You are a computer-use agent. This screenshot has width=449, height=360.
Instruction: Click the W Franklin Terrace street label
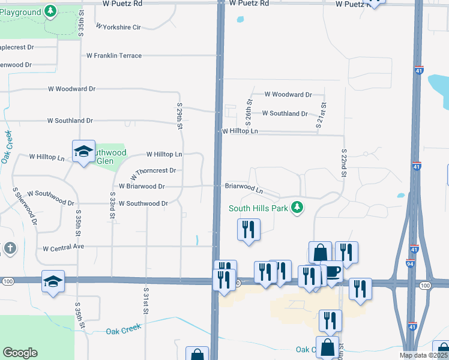[114, 56]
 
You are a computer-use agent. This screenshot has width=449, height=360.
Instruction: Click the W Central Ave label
[64, 247]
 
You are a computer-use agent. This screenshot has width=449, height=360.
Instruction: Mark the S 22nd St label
[344, 163]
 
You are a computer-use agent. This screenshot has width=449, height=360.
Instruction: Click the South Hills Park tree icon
[296, 208]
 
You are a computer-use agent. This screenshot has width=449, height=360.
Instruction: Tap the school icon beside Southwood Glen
[83, 151]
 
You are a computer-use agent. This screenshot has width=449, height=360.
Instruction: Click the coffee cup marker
[332, 271]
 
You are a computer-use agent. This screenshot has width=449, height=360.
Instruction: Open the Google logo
[20, 353]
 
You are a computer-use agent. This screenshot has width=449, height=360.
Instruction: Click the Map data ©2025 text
[423, 355]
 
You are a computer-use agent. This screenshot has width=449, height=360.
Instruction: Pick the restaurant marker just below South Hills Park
[249, 229]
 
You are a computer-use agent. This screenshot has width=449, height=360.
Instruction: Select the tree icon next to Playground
[50, 11]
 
